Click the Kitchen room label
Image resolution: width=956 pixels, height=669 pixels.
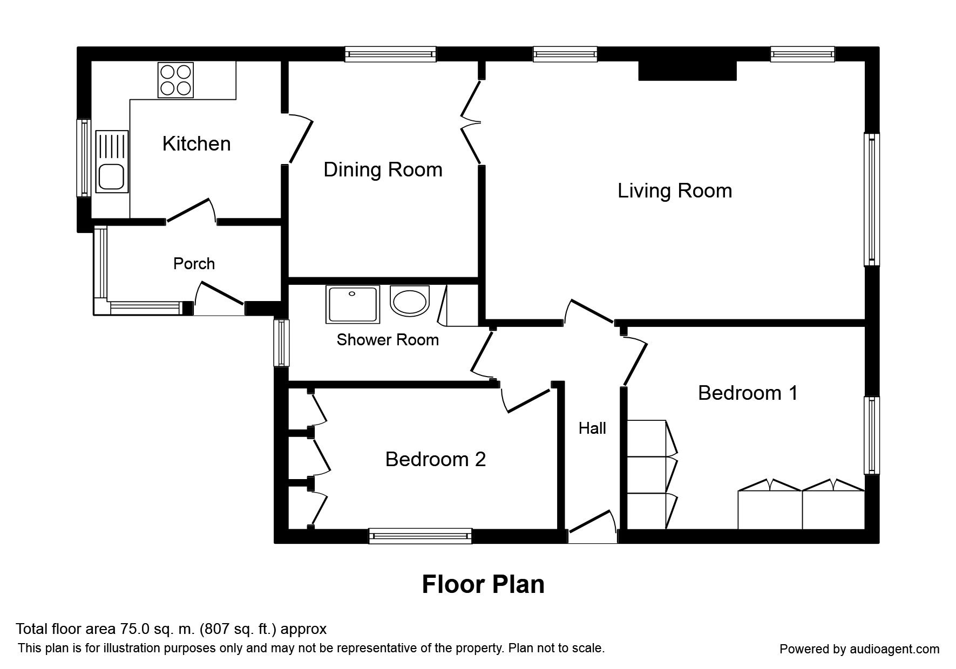[196, 144]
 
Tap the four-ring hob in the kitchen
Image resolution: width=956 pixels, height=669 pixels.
[175, 80]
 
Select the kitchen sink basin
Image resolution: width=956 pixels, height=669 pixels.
[112, 176]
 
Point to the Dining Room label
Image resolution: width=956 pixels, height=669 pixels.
[383, 169]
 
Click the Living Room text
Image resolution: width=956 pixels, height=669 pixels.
[675, 190]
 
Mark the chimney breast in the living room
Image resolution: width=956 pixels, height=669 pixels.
[688, 71]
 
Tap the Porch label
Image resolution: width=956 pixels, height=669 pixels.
[194, 263]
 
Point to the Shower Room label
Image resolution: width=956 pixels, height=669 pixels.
[388, 339]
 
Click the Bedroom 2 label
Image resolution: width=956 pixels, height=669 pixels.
[436, 459]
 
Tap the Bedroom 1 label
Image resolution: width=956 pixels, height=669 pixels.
[748, 393]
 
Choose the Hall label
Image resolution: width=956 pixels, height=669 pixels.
[592, 428]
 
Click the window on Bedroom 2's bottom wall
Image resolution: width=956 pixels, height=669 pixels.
[420, 536]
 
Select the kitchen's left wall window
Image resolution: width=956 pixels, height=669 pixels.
[84, 158]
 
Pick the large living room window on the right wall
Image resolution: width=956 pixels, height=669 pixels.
[872, 200]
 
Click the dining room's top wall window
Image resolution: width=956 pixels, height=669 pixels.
[390, 54]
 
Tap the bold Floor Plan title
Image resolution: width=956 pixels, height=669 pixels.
[483, 584]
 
